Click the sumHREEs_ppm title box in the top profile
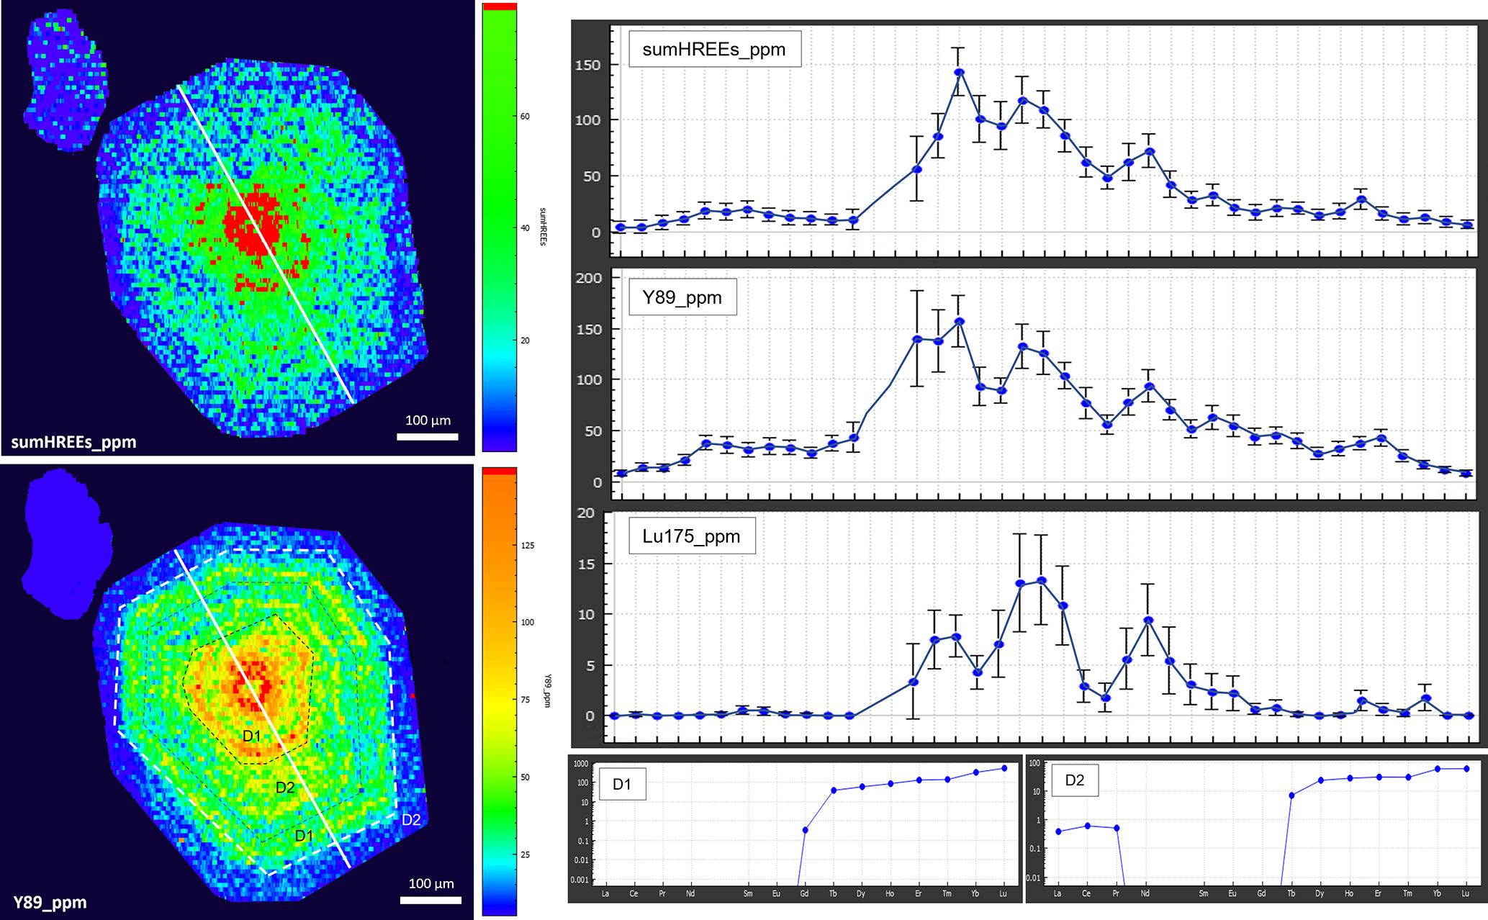(x=714, y=50)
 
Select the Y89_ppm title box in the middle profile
(x=682, y=297)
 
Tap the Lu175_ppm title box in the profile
(x=691, y=536)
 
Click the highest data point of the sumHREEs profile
(x=959, y=72)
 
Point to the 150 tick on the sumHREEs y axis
(x=587, y=65)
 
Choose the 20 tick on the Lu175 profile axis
(x=586, y=513)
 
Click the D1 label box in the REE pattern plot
(x=622, y=784)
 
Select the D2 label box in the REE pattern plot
(x=1074, y=780)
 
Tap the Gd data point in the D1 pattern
(x=805, y=830)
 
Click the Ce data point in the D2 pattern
(x=1087, y=826)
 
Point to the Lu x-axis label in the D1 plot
(x=1004, y=893)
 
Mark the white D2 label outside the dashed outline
(x=411, y=819)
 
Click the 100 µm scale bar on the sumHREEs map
(x=428, y=436)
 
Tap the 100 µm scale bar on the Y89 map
(x=430, y=900)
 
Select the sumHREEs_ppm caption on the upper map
(x=73, y=442)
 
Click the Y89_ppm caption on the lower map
(x=50, y=903)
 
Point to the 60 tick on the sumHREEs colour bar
(x=525, y=117)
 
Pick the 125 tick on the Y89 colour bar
(x=528, y=546)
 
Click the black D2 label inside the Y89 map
(x=285, y=788)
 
